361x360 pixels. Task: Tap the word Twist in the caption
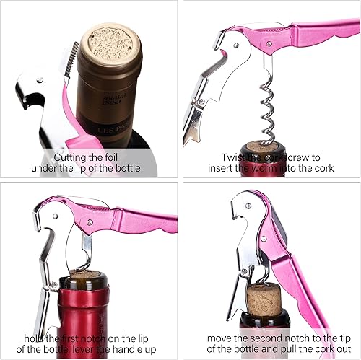point(236,156)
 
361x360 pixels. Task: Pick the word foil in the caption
point(129,156)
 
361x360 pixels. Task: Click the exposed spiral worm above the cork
point(269,108)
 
